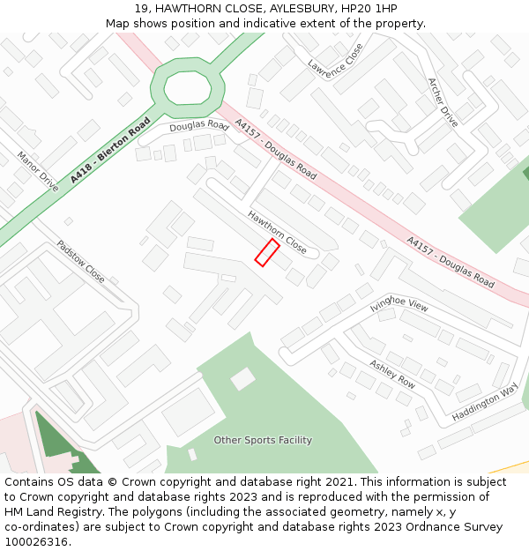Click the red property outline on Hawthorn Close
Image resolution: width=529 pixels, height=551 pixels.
pos(267,252)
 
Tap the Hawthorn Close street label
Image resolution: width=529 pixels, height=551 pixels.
pos(278,233)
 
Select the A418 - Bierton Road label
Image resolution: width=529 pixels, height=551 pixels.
pos(111,149)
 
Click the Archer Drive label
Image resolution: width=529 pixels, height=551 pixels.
pos(443,102)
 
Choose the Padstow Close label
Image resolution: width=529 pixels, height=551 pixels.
pos(80,262)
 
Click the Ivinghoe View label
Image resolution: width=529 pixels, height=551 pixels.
pos(399,306)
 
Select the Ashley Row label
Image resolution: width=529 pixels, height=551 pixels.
pos(392,375)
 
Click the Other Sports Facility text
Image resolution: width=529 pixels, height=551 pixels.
pos(263,440)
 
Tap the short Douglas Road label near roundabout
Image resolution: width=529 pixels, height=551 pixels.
pos(199,127)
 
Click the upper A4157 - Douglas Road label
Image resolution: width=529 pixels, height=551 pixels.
pos(275,150)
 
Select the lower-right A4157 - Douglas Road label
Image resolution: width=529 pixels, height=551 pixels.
pos(450,262)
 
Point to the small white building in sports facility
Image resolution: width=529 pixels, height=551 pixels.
pos(242,379)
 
